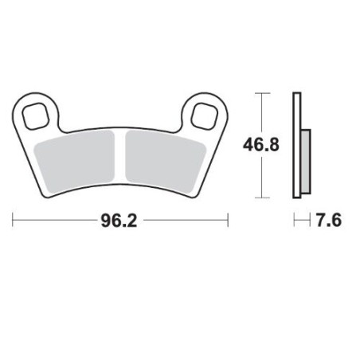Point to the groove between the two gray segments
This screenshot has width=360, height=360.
pos(120,155)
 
